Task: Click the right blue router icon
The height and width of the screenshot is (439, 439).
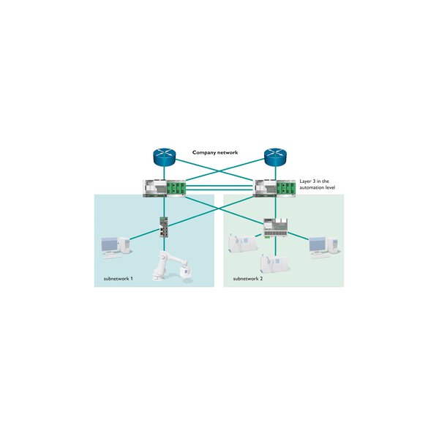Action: click(274, 157)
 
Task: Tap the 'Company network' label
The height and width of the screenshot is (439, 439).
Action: click(217, 152)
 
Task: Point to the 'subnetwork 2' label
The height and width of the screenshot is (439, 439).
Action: click(247, 279)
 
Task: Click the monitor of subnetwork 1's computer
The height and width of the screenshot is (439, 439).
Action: click(110, 243)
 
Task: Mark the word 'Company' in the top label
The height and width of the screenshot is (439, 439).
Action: click(204, 152)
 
